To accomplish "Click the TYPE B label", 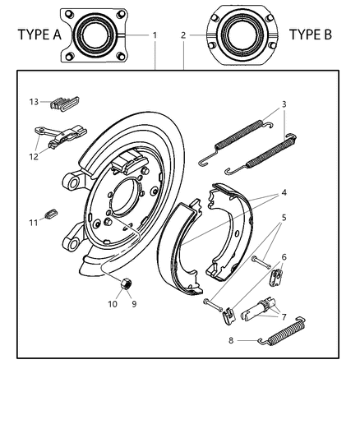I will pyautogui.click(x=313, y=35).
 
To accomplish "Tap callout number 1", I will pyautogui.click(x=155, y=35).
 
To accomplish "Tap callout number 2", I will pyautogui.click(x=183, y=35).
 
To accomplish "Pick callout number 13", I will pyautogui.click(x=35, y=102).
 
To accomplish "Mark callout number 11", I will pyautogui.click(x=35, y=222).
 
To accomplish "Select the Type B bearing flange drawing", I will pyautogui.click(x=244, y=35).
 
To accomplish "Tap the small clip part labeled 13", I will pyautogui.click(x=65, y=104).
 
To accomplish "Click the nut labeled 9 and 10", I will pyautogui.click(x=126, y=284).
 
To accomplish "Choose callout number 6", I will pyautogui.click(x=284, y=256).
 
